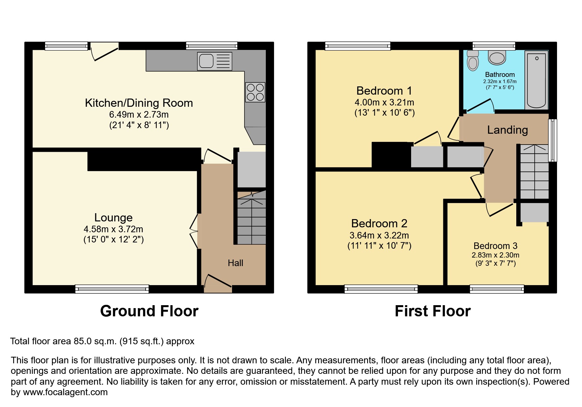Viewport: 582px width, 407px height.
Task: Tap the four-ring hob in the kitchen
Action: click(x=255, y=92)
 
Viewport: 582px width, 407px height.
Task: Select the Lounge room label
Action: click(x=113, y=217)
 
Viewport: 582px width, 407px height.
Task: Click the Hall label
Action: click(x=235, y=263)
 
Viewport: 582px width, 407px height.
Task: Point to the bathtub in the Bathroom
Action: click(x=536, y=80)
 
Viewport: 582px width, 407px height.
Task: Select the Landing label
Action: click(x=507, y=130)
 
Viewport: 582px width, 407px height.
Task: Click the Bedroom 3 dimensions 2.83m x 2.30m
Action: click(x=495, y=255)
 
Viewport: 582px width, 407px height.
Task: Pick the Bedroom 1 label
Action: click(x=384, y=91)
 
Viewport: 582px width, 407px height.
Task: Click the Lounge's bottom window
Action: click(x=112, y=289)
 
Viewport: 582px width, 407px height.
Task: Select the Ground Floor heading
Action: click(x=149, y=311)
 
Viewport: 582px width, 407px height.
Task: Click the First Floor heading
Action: click(x=432, y=311)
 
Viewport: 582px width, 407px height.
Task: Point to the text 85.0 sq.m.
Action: click(x=95, y=341)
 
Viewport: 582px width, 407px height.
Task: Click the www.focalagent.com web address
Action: click(x=65, y=392)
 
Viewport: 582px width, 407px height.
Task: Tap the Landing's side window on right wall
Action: click(x=553, y=140)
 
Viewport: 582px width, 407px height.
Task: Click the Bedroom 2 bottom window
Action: click(x=381, y=289)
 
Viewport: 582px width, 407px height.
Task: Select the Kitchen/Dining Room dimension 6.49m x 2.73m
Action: click(x=139, y=115)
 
